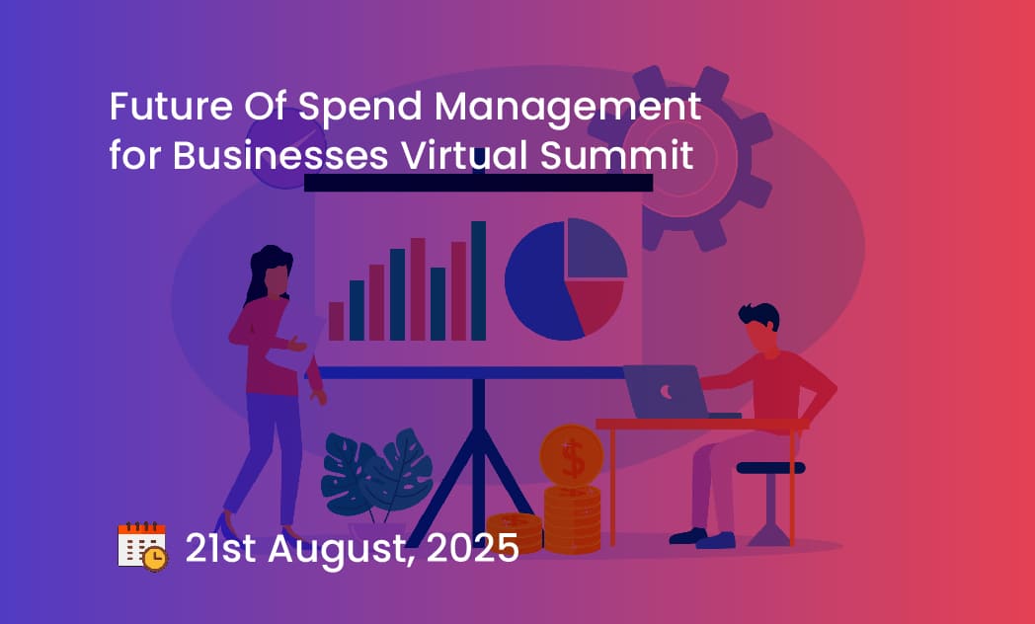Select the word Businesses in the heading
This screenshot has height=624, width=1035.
pos(280,156)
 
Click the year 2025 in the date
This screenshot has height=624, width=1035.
pos(473,548)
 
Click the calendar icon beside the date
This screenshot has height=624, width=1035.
pos(142,547)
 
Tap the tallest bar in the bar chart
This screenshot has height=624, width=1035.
pos(479,280)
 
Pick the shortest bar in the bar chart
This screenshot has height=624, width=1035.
pos(336,321)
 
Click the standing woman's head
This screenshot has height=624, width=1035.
pos(272,272)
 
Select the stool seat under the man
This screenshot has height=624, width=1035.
pos(770,468)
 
